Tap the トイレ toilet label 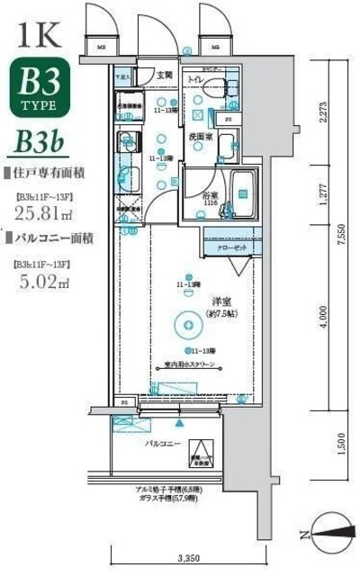pyautogui.click(x=195, y=80)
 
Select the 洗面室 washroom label pyautogui.click(x=199, y=138)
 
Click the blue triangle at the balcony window pyautogui.click(x=180, y=421)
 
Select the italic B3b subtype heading pyautogui.click(x=38, y=144)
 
